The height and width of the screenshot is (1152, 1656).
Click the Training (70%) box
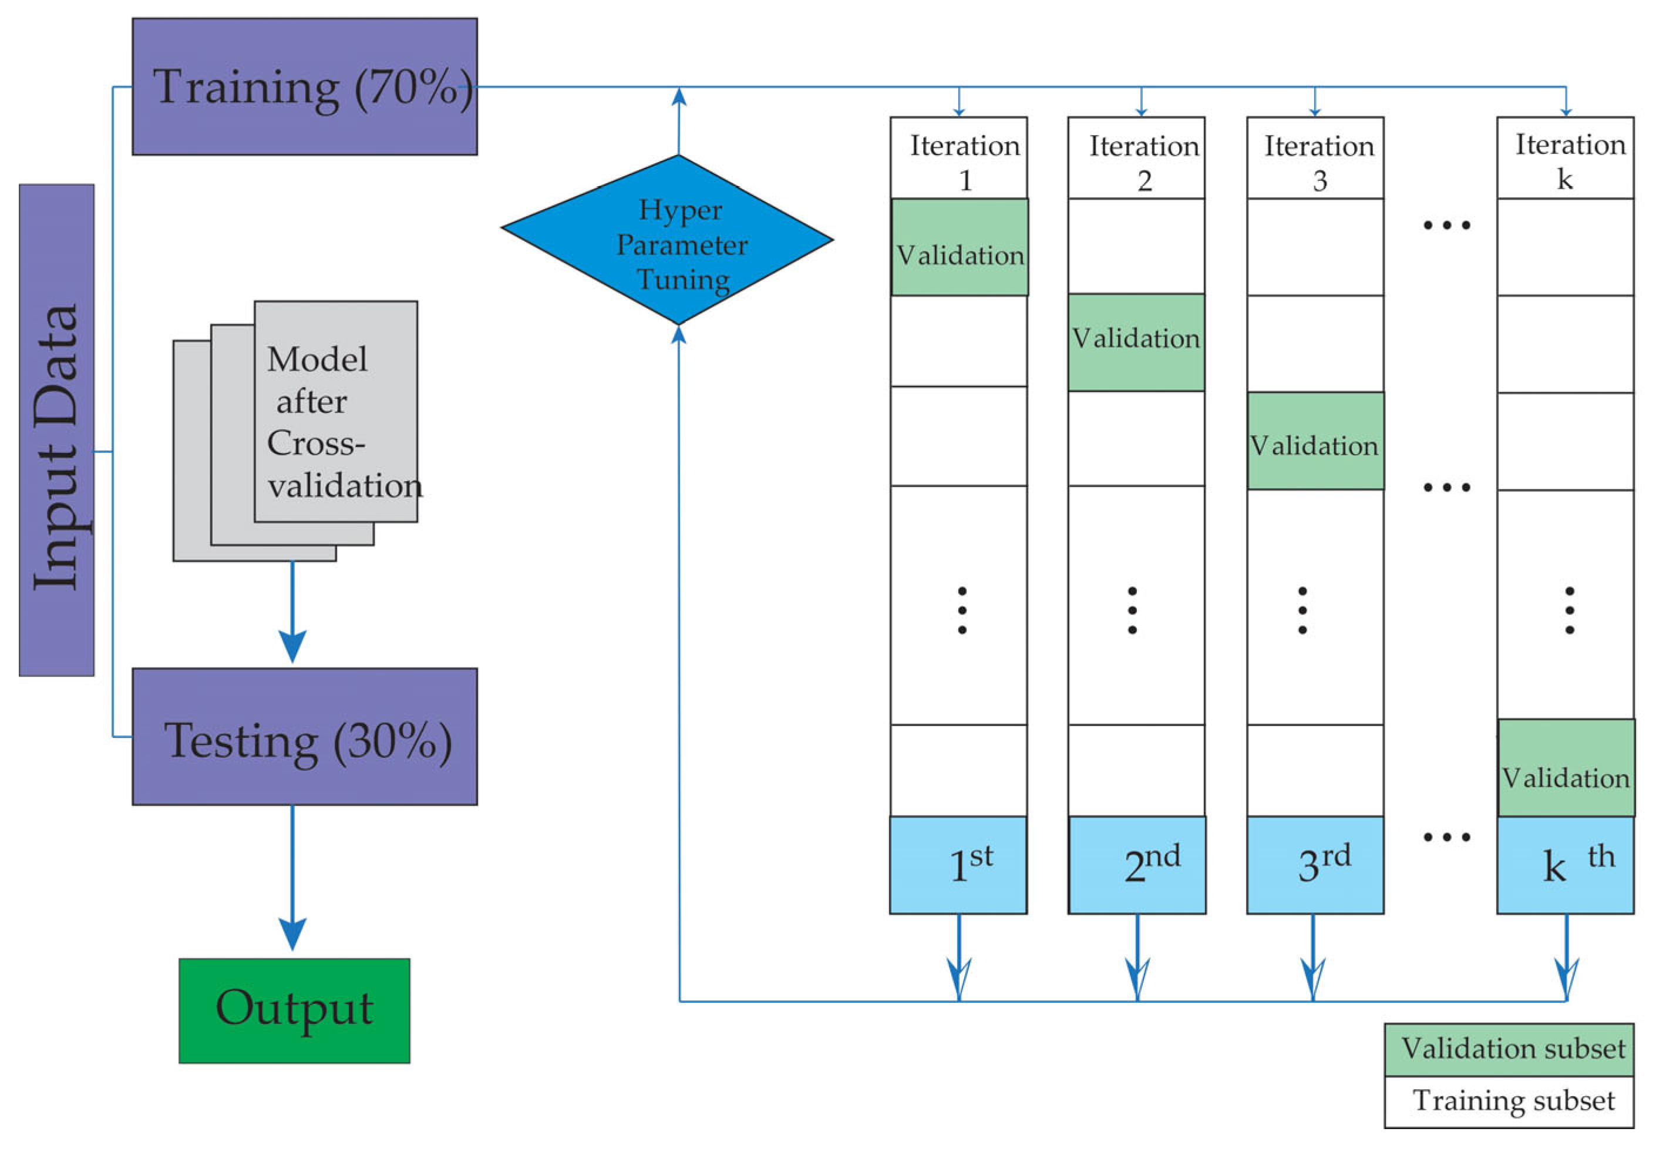click(x=304, y=86)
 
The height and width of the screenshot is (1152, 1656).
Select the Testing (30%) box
click(x=304, y=737)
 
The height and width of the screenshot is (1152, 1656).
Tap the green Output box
click(x=294, y=1010)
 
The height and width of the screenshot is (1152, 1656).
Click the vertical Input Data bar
click(x=56, y=430)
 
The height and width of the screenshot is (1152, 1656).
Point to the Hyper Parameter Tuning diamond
click(x=667, y=240)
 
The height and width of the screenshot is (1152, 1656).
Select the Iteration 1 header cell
click(x=958, y=159)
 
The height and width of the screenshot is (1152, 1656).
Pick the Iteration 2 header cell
click(x=1137, y=159)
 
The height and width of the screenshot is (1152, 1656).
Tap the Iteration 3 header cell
click(x=1315, y=159)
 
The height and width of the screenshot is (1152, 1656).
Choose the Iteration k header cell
click(x=1565, y=159)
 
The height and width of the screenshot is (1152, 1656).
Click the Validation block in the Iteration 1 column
click(x=960, y=247)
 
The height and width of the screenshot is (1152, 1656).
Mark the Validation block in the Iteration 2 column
click(x=1137, y=342)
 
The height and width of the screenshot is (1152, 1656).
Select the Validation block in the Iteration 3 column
click(x=1315, y=441)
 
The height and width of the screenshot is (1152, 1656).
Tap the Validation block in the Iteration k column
click(x=1566, y=768)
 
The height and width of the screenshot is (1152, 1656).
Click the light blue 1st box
click(x=958, y=865)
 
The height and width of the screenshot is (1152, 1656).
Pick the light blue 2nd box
click(x=1137, y=865)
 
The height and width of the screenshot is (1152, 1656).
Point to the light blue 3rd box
click(x=1315, y=865)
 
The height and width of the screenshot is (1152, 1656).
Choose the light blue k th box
click(x=1565, y=865)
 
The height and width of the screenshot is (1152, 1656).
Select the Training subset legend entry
click(x=1509, y=1101)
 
